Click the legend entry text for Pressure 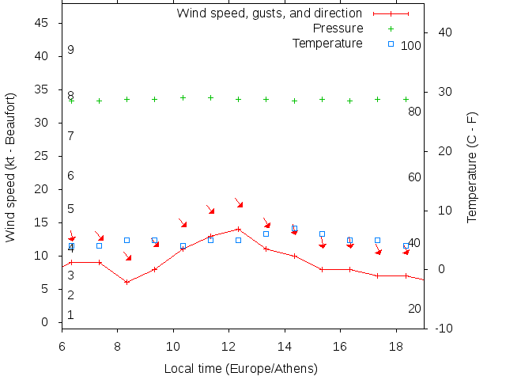pos(338,28)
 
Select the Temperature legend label pos(327,43)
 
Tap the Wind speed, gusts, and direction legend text pos(269,13)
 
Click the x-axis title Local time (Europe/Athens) pos(240,369)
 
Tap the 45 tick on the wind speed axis pos(43,23)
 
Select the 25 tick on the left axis pos(43,156)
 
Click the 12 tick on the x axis pos(228,346)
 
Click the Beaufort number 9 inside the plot pos(71,50)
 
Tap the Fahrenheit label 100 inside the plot pos(411,46)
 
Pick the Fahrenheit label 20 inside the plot pos(414,308)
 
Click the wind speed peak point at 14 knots pos(238,229)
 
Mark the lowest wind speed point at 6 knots pos(126,282)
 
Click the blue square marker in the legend pos(391,44)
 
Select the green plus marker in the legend pos(391,29)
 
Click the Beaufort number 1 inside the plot pos(71,315)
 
